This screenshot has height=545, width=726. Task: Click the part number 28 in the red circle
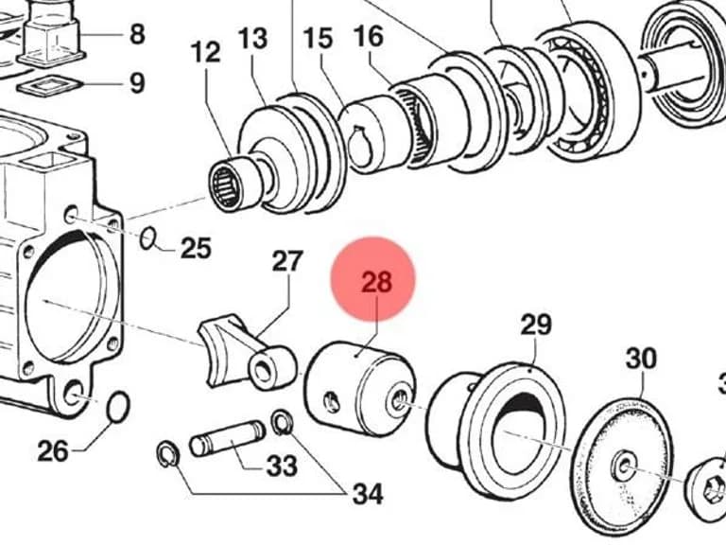[x=376, y=281]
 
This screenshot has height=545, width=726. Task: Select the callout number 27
[x=287, y=261]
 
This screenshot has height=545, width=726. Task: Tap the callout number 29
[x=536, y=325]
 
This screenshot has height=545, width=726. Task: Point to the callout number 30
[x=641, y=359]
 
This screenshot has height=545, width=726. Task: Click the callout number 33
[x=282, y=466]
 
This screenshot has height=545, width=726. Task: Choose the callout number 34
[x=368, y=494]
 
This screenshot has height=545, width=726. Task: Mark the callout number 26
[x=53, y=451]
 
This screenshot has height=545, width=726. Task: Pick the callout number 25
[x=196, y=248]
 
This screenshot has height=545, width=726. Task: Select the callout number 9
[x=137, y=83]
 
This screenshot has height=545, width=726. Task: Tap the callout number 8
[x=137, y=34]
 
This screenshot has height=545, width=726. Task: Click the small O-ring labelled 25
[x=147, y=238]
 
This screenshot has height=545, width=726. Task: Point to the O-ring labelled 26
[x=117, y=408]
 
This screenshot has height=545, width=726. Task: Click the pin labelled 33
[x=227, y=438]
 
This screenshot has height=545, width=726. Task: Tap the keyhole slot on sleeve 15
[x=359, y=146]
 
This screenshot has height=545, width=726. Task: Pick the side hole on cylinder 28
[x=332, y=402]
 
